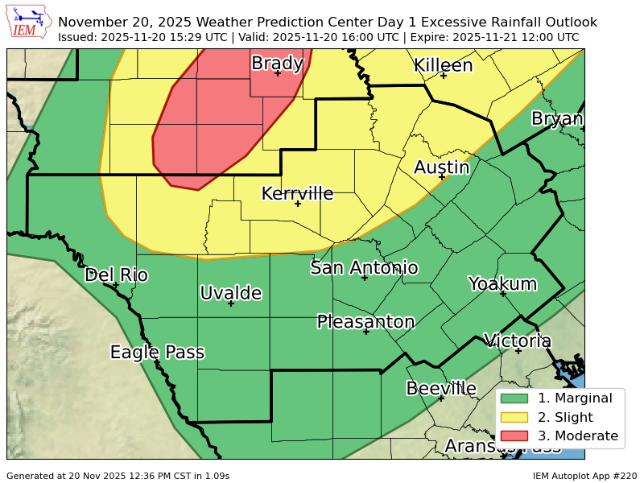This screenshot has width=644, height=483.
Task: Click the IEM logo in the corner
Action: coord(29,23)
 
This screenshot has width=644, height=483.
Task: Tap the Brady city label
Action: coord(277,63)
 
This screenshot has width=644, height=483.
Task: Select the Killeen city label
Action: coord(443,65)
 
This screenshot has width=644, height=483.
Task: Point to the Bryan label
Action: coord(557,119)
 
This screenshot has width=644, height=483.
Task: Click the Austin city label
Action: coord(441,167)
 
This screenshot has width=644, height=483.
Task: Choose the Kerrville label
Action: coord(297,193)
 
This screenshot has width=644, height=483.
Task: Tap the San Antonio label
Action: coord(364,267)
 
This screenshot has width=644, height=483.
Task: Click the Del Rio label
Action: coord(116,275)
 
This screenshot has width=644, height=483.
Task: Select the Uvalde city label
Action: coord(231,293)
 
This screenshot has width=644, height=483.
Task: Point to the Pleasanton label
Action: coord(365,322)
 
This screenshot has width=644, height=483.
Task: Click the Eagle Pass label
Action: coord(157,352)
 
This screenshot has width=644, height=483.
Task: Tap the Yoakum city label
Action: coord(502,283)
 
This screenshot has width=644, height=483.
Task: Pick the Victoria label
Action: coord(517,341)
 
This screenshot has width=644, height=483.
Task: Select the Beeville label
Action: coord(441,388)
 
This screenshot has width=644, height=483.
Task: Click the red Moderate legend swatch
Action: coord(514,436)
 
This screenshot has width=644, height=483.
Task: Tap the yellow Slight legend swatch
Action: coord(514,417)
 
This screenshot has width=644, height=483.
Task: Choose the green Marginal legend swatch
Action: coord(514,398)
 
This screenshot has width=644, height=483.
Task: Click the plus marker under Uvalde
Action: coord(231,303)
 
